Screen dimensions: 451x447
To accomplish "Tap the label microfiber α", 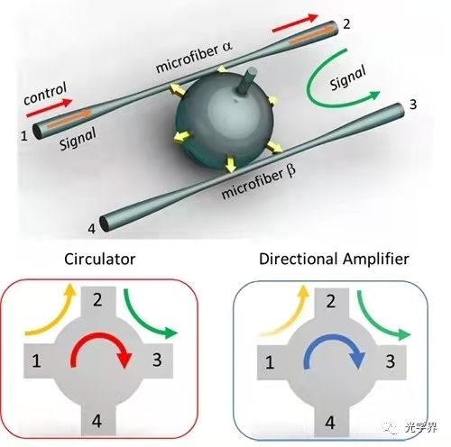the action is point(194,58).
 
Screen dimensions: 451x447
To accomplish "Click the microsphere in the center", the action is point(225,120).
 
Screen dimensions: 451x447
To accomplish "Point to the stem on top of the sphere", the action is point(247,80).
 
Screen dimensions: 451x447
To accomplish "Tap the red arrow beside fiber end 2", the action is point(295,23).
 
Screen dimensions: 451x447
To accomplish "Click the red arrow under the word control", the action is point(50,108).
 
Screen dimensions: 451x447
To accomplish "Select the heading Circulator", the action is point(100,260).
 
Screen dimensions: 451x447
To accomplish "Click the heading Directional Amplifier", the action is point(334,259).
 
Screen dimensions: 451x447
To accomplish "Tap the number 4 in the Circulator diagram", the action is point(97,421).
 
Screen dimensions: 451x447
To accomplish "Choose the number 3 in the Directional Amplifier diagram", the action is point(391,360).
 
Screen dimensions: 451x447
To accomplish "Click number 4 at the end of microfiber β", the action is point(92,229).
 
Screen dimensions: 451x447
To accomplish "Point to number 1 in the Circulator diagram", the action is point(36,360).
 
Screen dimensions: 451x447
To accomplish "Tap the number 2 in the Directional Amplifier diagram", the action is point(331,301).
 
